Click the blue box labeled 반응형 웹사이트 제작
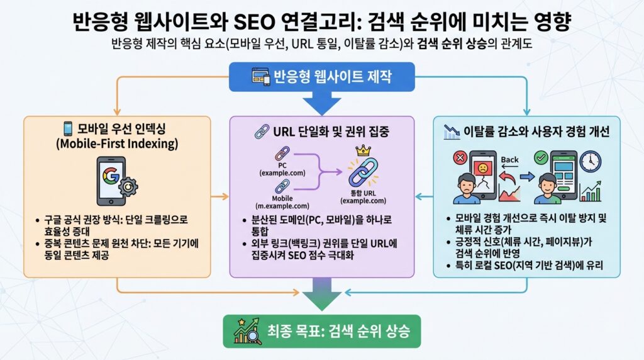pos(321,77)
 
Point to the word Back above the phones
pos(509,159)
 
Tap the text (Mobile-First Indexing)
pos(117,145)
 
